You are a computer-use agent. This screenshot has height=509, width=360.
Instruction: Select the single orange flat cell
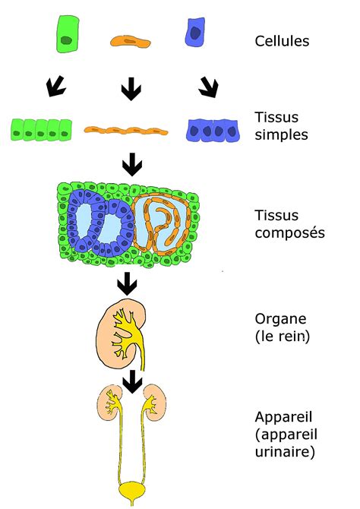(131, 41)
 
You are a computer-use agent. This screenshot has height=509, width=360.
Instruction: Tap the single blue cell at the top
(195, 32)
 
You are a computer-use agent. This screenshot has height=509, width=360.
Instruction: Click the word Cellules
(282, 41)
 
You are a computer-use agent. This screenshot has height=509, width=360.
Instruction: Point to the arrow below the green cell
(55, 86)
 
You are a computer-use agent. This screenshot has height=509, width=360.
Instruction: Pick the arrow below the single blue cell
(209, 87)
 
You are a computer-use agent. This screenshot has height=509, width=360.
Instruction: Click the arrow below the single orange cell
(131, 88)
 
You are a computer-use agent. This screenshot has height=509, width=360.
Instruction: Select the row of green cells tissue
(41, 130)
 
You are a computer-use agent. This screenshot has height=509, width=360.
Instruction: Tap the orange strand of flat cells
(126, 130)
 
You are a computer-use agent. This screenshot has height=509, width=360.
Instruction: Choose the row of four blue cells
(213, 131)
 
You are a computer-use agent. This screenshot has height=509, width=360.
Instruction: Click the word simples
(281, 134)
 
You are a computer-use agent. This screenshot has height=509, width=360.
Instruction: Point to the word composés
(289, 232)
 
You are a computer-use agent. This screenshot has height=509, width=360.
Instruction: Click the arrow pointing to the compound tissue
(132, 165)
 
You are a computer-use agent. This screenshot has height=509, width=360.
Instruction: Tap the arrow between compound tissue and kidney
(127, 284)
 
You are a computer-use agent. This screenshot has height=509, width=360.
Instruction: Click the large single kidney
(121, 334)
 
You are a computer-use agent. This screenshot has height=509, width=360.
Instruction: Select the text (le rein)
(282, 337)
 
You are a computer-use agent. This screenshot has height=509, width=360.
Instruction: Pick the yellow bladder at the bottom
(132, 492)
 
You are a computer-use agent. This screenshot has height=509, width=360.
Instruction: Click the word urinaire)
(285, 452)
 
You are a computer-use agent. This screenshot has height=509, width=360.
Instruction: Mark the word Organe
(280, 319)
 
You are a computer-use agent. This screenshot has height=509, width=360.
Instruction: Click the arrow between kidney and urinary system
(132, 381)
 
